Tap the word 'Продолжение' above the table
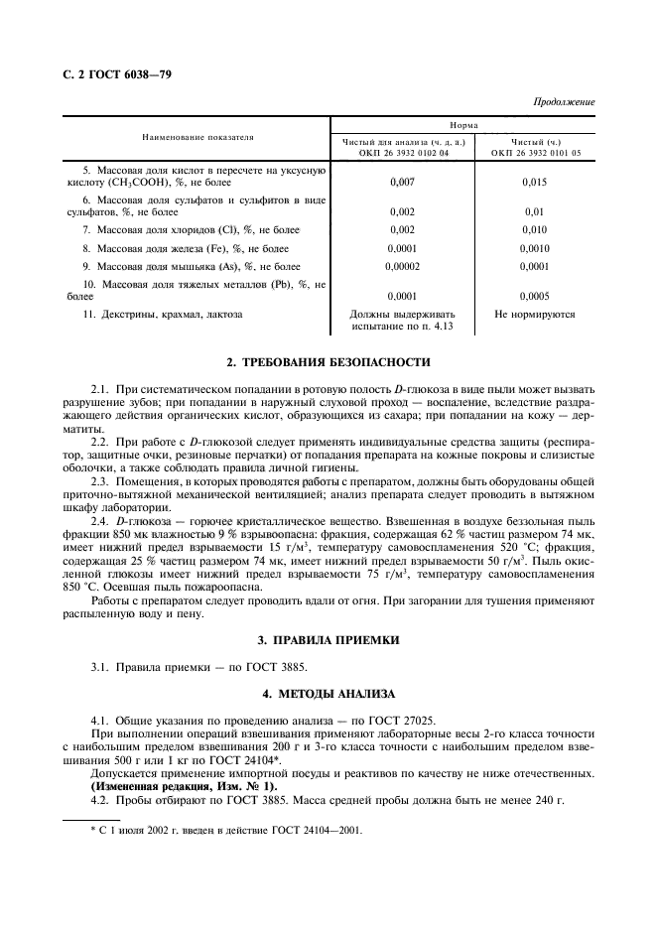(x=564, y=102)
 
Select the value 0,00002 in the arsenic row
(x=402, y=266)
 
